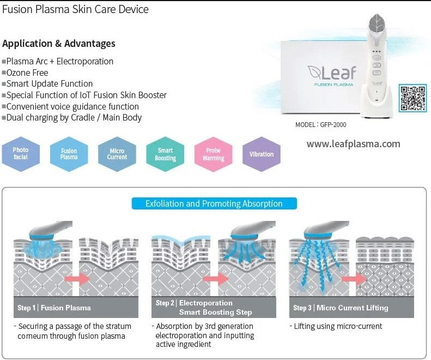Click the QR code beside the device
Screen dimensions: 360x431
(x=412, y=98)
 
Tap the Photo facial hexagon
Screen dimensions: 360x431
(x=21, y=153)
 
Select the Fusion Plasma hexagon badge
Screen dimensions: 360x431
(x=69, y=154)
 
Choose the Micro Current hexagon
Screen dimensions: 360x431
(x=117, y=154)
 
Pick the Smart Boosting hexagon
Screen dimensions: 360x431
(x=165, y=154)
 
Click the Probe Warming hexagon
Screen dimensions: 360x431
(x=213, y=154)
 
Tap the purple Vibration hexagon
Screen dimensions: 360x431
(x=262, y=154)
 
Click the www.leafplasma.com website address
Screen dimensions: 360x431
(x=353, y=144)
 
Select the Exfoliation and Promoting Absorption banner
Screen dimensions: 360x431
(x=214, y=203)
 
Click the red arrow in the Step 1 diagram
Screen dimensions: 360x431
(x=76, y=279)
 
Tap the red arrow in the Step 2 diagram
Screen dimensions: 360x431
(x=214, y=279)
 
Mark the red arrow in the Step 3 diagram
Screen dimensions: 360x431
(x=351, y=279)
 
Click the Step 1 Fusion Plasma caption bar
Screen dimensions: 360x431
(x=76, y=308)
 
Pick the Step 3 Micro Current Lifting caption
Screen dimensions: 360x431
(x=351, y=308)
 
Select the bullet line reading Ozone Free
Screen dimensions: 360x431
(x=27, y=73)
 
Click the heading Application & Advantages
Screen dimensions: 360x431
(x=59, y=44)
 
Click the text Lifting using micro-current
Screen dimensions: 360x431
(x=338, y=326)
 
